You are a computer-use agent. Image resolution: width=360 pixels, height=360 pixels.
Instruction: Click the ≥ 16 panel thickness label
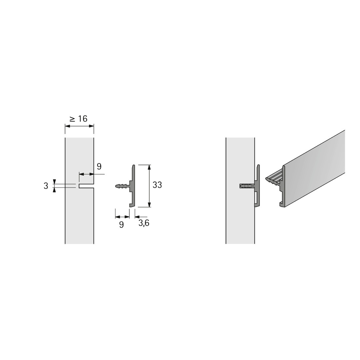pyautogui.click(x=79, y=119)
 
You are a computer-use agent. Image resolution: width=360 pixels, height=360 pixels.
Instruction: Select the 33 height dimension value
pyautogui.click(x=157, y=185)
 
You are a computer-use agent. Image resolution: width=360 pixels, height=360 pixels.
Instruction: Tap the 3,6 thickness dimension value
pyautogui.click(x=144, y=223)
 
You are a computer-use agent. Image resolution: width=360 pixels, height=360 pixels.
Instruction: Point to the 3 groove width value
pyautogui.click(x=46, y=186)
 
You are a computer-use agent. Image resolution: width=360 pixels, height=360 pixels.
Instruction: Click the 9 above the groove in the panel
pyautogui.click(x=99, y=166)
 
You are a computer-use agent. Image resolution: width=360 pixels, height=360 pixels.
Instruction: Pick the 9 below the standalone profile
pyautogui.click(x=121, y=225)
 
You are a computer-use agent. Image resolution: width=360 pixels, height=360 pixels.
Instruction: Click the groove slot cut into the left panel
pyautogui.click(x=86, y=186)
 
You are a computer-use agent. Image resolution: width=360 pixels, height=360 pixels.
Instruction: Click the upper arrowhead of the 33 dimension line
pyautogui.click(x=149, y=167)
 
